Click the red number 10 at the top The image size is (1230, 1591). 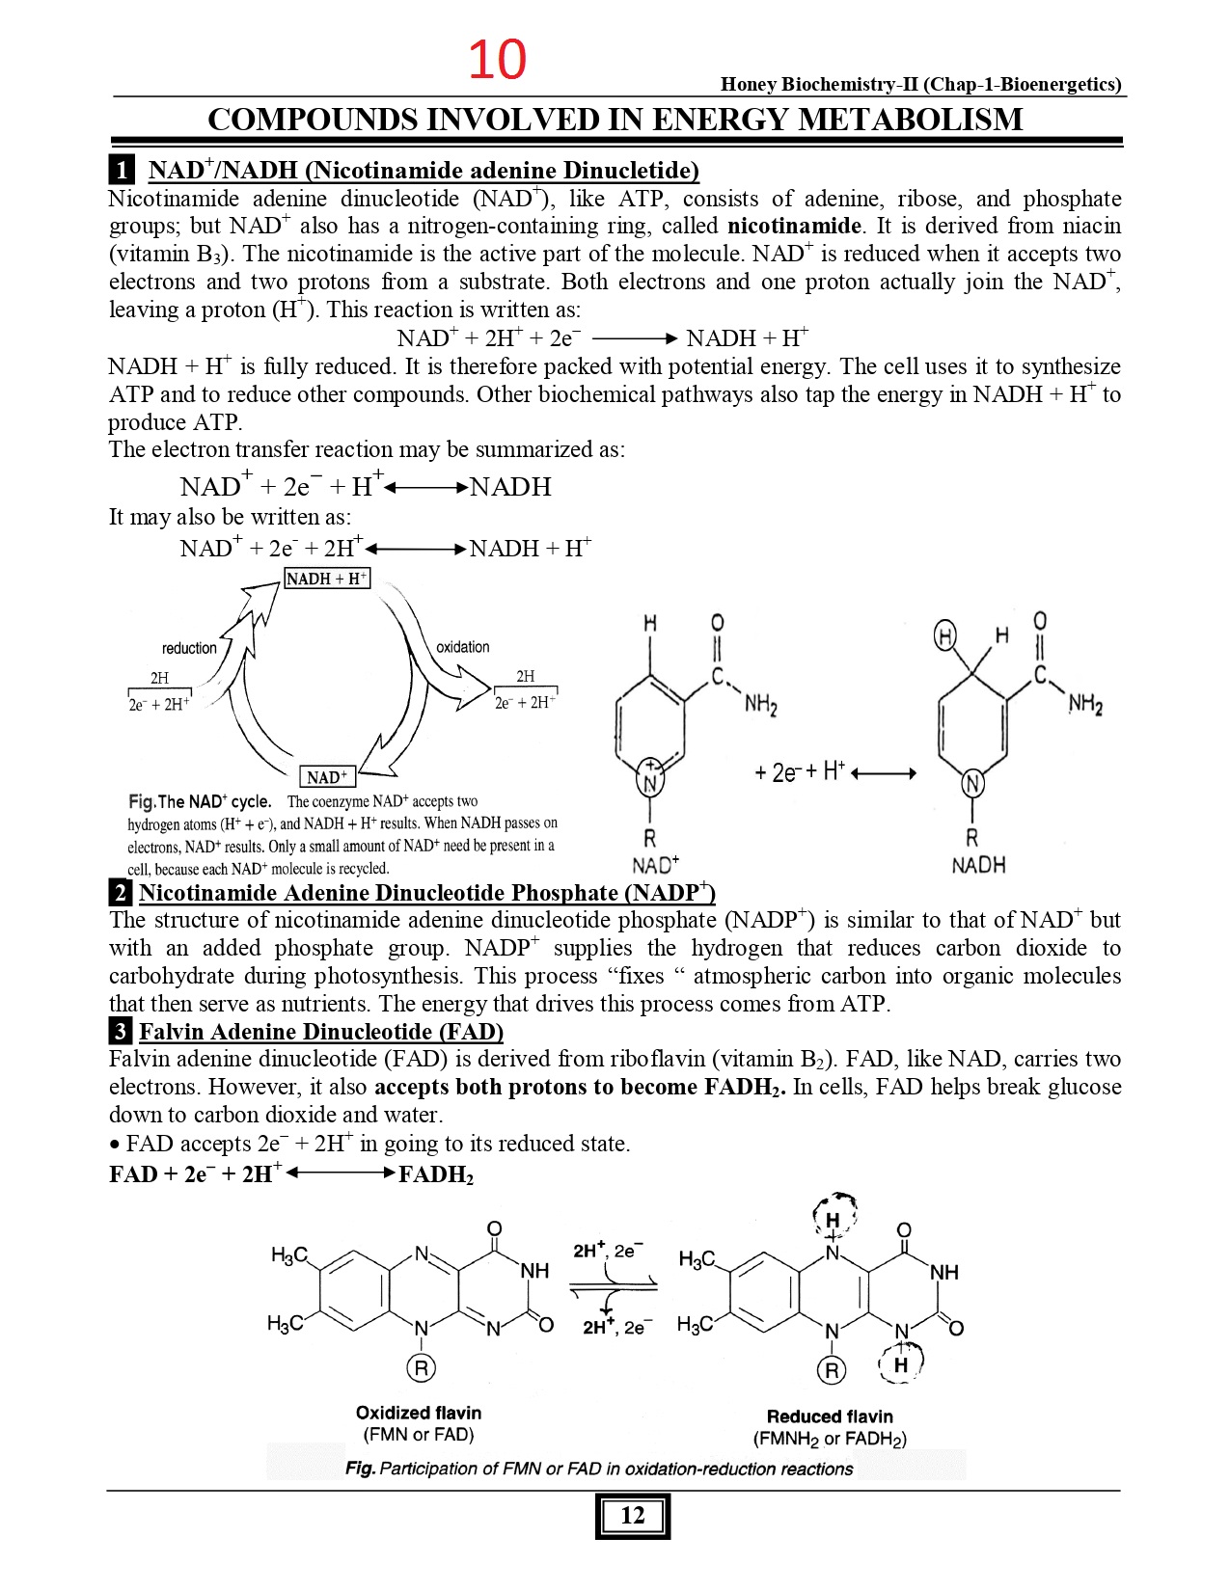(x=497, y=60)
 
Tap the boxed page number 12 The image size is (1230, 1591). (x=632, y=1515)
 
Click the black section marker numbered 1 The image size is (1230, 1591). (x=122, y=171)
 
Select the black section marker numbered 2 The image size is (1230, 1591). (x=120, y=892)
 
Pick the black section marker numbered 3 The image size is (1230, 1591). (x=120, y=1031)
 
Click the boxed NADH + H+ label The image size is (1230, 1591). (x=327, y=579)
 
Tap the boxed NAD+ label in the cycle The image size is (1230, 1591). (x=328, y=776)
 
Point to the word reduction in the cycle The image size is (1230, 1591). (x=189, y=648)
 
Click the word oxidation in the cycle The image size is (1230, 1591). (x=462, y=647)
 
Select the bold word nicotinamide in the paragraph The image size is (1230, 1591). (x=794, y=226)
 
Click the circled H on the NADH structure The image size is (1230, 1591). (x=946, y=636)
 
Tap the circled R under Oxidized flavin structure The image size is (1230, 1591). (x=422, y=1367)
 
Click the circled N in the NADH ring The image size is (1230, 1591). (x=972, y=783)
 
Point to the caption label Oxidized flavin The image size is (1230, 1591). (x=419, y=1413)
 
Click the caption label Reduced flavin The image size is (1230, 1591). (x=830, y=1416)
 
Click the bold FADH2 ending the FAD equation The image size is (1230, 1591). (x=436, y=1174)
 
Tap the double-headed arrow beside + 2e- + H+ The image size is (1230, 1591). (x=884, y=772)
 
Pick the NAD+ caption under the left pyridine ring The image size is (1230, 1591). (x=655, y=864)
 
